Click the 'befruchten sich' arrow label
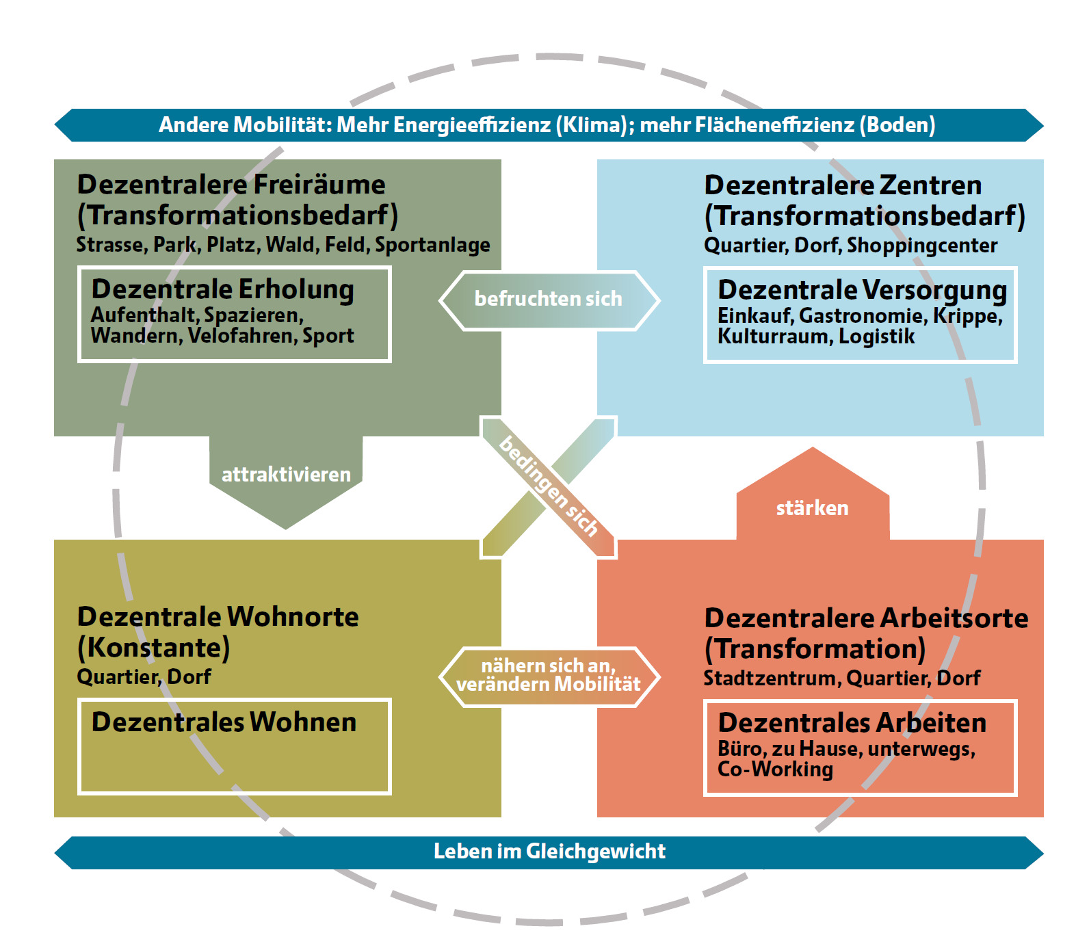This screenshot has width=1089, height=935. click(x=549, y=299)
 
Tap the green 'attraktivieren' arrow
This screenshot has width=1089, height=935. click(x=286, y=475)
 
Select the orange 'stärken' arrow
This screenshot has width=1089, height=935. click(x=812, y=508)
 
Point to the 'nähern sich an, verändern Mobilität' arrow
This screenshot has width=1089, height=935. click(x=549, y=675)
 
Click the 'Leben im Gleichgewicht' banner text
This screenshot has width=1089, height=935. click(x=549, y=852)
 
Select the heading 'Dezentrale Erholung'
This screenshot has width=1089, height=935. click(x=223, y=289)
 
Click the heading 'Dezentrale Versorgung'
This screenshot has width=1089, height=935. click(x=862, y=290)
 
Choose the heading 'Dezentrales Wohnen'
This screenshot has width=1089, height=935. click(x=224, y=722)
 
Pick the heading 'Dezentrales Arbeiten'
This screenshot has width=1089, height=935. click(x=852, y=723)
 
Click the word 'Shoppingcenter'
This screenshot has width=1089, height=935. click(x=922, y=246)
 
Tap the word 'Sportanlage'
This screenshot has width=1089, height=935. click(x=432, y=245)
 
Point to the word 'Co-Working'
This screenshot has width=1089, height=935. click(x=775, y=769)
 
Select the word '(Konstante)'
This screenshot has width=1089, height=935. click(x=154, y=648)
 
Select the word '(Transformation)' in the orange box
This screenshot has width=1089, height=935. click(x=815, y=649)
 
